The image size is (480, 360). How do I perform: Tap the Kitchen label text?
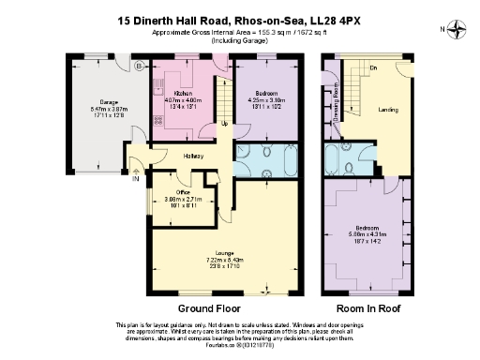(x=183, y=95)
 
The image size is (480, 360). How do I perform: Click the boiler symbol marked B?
(x=139, y=67)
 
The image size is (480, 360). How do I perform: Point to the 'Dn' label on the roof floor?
(x=372, y=68)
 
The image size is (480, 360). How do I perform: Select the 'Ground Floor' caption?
(x=209, y=308)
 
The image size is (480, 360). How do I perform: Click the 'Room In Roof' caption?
(x=367, y=308)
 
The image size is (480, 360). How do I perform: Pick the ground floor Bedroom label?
(x=264, y=95)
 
